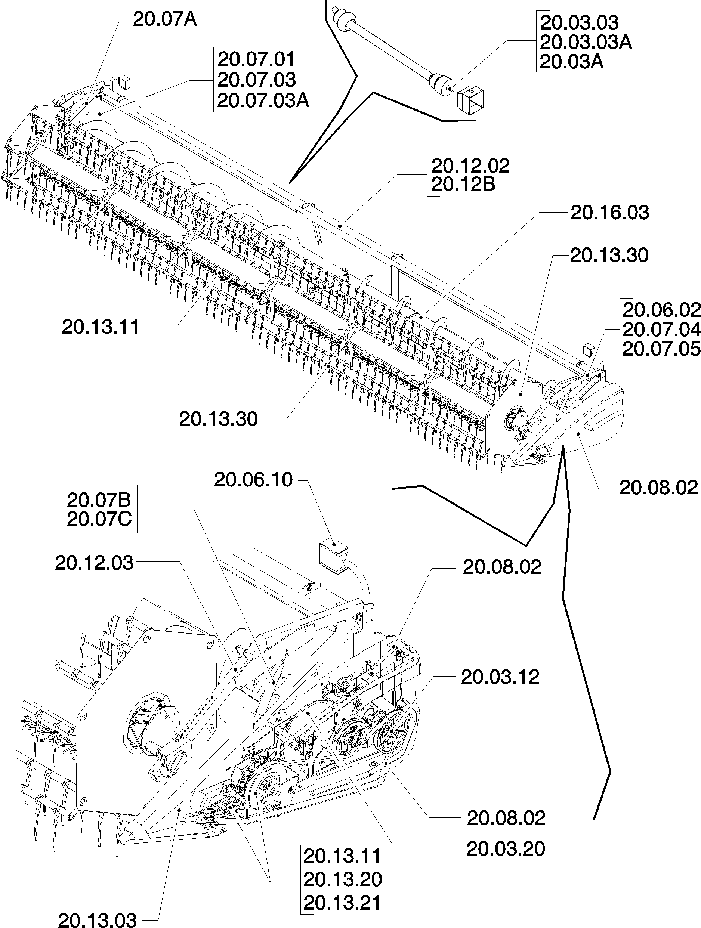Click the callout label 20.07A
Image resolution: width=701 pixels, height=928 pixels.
click(164, 19)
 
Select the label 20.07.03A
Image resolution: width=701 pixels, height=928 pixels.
click(263, 101)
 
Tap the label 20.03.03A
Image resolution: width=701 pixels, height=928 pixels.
click(586, 42)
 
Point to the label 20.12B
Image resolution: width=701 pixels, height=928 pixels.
click(463, 185)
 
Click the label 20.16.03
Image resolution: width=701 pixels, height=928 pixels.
click(609, 213)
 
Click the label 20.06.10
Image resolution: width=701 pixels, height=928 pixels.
click(253, 480)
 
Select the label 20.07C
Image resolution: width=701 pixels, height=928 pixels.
click(99, 519)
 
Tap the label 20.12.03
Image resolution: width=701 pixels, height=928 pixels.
click(94, 563)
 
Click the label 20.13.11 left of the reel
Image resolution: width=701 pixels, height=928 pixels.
click(100, 327)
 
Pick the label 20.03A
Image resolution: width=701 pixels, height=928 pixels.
click(571, 62)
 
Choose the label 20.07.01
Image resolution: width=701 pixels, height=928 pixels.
click(256, 59)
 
